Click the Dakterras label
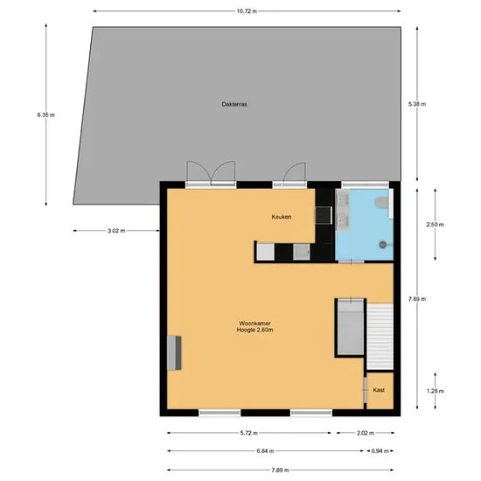[x=234, y=104]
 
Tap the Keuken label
[x=282, y=217]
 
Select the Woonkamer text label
[x=254, y=324]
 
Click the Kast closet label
[x=379, y=390]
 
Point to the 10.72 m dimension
[x=247, y=11]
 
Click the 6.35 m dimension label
[x=46, y=115]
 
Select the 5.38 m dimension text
[x=417, y=104]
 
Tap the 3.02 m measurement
[x=116, y=231]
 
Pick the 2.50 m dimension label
[x=435, y=225]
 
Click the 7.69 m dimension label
[x=417, y=299]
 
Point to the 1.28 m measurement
[x=435, y=391]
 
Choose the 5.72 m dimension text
[x=248, y=433]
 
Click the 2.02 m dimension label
[x=366, y=433]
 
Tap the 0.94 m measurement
[x=380, y=451]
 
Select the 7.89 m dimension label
[x=280, y=470]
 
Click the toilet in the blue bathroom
[x=382, y=203]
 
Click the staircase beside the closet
[x=380, y=337]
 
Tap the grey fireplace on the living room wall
[x=174, y=353]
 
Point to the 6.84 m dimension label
[x=265, y=451]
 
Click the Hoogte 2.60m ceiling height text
[x=254, y=330]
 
